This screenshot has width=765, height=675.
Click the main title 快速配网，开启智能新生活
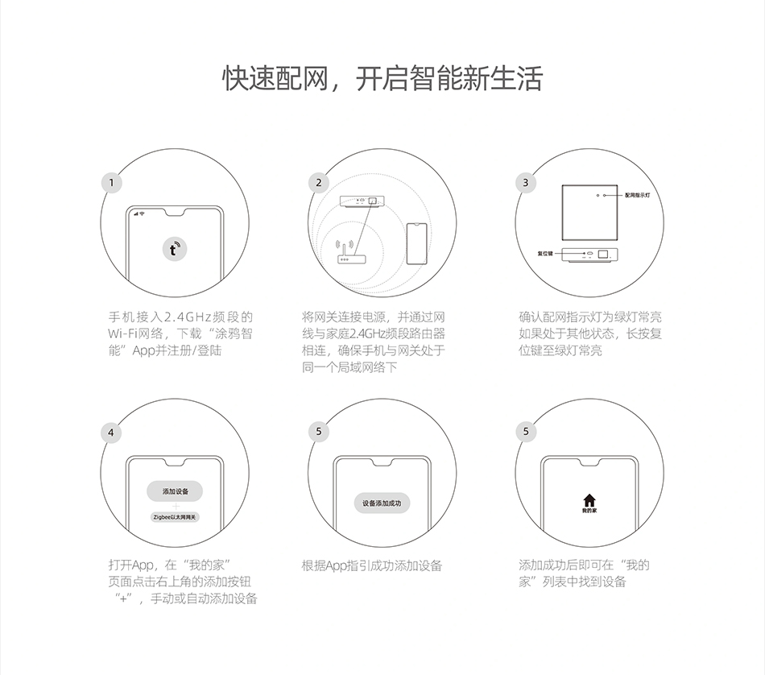pos(382,79)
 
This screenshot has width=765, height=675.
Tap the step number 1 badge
pos(112,182)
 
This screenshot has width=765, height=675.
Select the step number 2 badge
pos(319,182)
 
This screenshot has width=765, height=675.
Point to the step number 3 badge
pos(526,182)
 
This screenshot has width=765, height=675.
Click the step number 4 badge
pos(112,432)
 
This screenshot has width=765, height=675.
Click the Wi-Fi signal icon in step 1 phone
pos(141,213)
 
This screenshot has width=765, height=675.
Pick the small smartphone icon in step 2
pos(416,243)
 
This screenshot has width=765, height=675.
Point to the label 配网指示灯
pos(642,195)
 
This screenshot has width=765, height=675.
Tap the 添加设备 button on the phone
pos(175,491)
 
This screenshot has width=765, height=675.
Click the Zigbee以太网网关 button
pos(175,516)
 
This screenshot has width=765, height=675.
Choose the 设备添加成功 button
pos(382,503)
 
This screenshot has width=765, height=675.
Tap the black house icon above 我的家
pos(589,499)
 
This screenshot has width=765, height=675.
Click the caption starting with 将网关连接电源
pos(373,342)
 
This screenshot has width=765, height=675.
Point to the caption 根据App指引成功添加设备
pos(372,565)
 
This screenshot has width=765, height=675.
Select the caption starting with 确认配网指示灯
pos(589,333)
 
